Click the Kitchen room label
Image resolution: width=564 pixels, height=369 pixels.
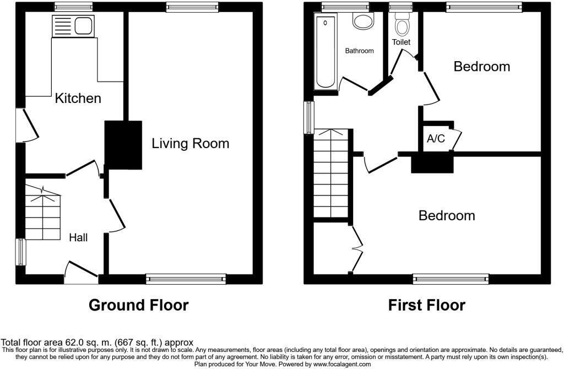click(x=78, y=99)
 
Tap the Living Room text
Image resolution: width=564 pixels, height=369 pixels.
click(x=190, y=144)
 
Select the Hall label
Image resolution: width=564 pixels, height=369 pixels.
click(x=78, y=238)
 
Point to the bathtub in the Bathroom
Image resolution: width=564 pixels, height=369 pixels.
click(x=326, y=52)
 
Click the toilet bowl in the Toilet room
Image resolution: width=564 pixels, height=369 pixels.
click(x=402, y=26)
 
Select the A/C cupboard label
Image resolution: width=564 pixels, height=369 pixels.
click(x=436, y=139)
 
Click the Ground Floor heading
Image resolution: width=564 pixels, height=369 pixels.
click(x=138, y=305)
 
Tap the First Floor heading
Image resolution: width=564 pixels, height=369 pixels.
click(x=426, y=305)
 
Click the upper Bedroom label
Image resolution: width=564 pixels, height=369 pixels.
click(x=481, y=67)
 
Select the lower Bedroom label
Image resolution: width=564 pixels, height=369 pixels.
click(x=447, y=215)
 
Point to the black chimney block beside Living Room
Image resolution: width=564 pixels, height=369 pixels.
click(x=124, y=145)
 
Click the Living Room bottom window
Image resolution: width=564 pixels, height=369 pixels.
click(x=186, y=279)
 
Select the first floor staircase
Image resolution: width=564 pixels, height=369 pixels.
click(x=332, y=173)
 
